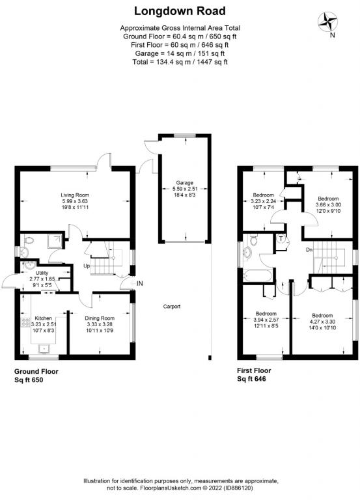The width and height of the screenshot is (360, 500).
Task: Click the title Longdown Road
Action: point(180,11)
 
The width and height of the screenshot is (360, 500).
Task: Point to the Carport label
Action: point(172,307)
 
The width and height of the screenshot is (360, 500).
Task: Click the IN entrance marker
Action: point(139,283)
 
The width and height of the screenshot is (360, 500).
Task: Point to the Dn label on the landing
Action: point(310,250)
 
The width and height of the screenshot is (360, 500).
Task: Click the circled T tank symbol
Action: point(281,238)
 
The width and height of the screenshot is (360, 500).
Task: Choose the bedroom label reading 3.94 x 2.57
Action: point(265,322)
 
